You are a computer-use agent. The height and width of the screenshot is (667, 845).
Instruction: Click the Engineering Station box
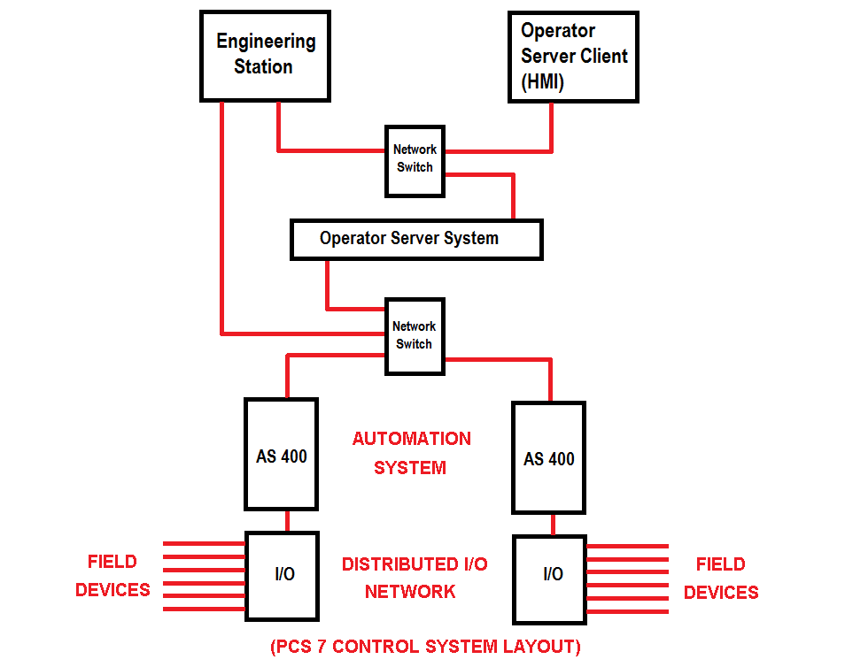click(266, 55)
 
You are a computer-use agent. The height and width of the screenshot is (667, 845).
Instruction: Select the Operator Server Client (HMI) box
click(573, 57)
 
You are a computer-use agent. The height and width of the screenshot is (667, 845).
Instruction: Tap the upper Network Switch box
click(415, 159)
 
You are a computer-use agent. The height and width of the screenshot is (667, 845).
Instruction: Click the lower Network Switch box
click(414, 336)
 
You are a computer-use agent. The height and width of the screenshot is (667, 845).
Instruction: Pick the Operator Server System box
click(416, 239)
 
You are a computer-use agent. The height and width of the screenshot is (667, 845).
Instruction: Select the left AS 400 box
click(281, 455)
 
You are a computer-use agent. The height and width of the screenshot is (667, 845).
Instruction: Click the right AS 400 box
click(548, 457)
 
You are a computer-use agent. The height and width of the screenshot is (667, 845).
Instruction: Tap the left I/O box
click(282, 574)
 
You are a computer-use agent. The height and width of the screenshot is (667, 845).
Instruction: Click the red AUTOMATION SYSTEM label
click(411, 453)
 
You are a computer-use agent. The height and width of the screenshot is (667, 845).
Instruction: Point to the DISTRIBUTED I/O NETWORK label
click(414, 578)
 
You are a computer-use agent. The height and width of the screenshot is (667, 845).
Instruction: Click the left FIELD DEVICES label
click(112, 576)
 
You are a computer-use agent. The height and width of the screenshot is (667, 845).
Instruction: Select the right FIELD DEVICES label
click(721, 578)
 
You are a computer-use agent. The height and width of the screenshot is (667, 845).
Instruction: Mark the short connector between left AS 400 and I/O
click(286, 521)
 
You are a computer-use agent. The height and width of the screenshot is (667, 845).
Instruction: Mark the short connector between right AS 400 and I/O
click(554, 525)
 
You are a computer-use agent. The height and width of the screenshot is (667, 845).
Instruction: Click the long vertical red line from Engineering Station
click(222, 221)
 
